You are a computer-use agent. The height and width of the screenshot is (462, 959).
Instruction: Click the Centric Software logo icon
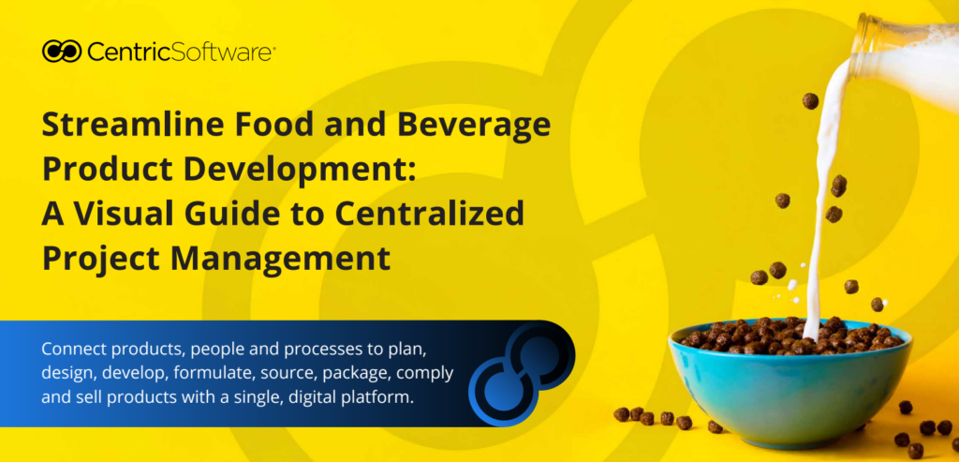point(62,52)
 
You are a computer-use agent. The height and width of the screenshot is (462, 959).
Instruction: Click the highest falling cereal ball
point(810,101)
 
